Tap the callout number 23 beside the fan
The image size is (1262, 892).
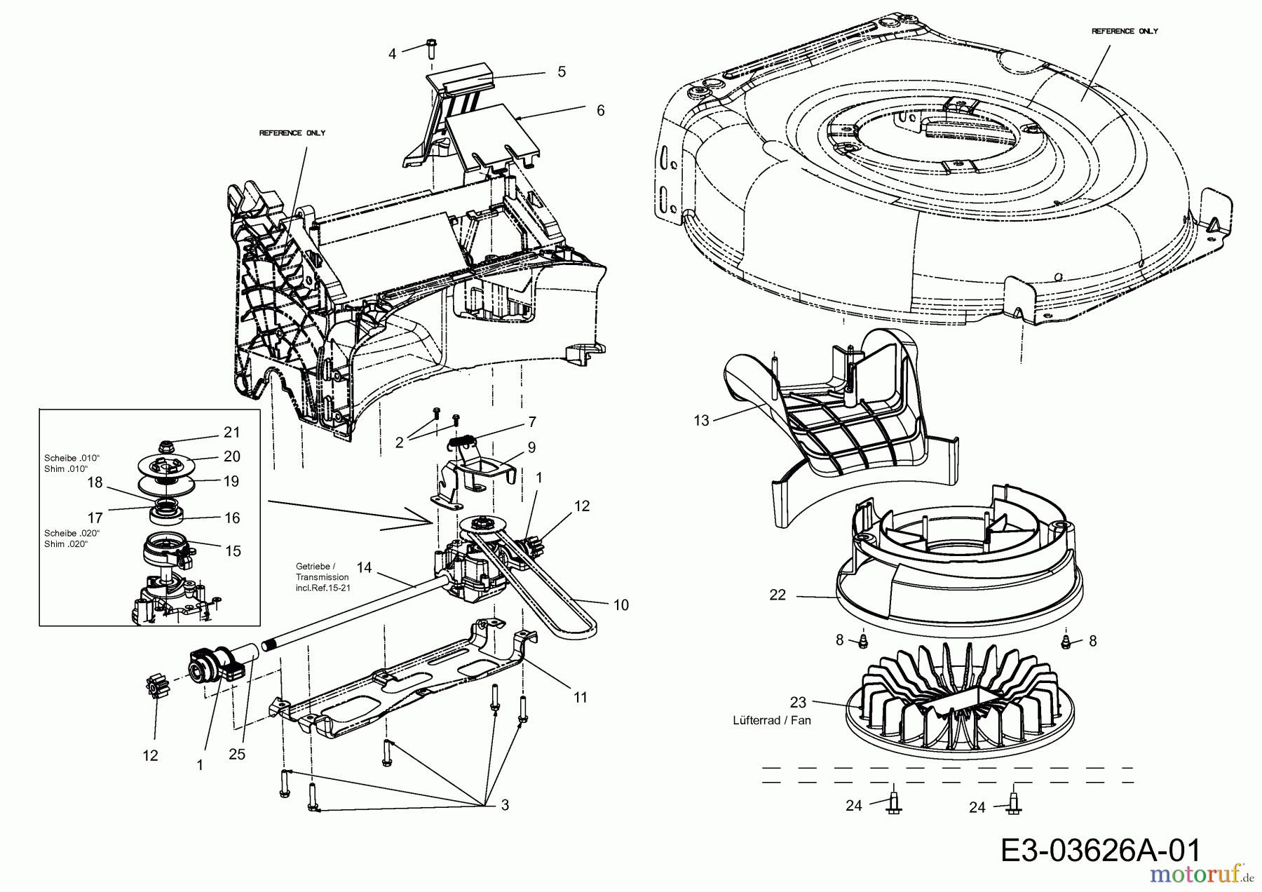(798, 702)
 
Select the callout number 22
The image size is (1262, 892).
(778, 595)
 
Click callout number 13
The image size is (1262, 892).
(701, 420)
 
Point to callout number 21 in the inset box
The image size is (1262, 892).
(231, 432)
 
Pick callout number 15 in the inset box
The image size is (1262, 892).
(233, 551)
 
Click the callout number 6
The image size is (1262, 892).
(600, 111)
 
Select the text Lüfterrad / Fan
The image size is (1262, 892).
(772, 720)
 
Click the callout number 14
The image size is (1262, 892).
(364, 566)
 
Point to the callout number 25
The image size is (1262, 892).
(238, 755)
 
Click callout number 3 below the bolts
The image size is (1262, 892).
(505, 805)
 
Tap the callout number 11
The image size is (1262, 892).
(580, 697)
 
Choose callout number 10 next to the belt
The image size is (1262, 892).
(620, 604)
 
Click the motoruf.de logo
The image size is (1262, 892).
(1186, 875)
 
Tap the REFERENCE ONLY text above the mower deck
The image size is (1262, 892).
(1125, 31)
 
